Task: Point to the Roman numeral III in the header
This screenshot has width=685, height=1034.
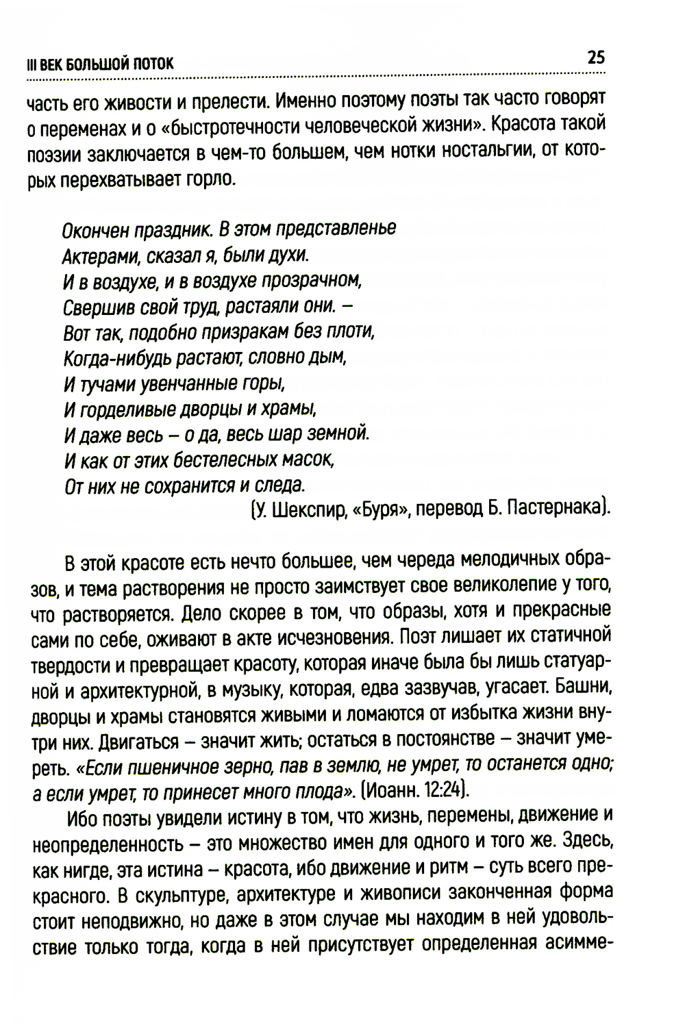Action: tap(30, 64)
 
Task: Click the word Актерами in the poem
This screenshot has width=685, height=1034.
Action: tap(93, 255)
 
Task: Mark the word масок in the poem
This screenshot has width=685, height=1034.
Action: tap(311, 459)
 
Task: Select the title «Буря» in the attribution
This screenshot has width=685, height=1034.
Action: tap(379, 510)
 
